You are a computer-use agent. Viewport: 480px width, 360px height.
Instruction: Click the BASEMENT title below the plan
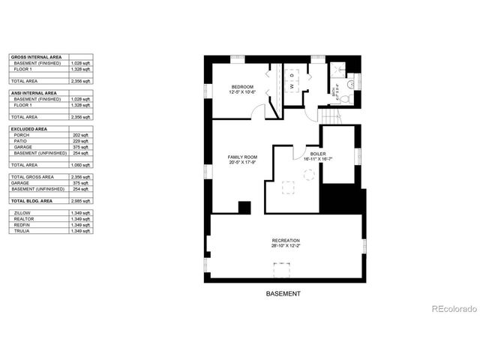click(x=283, y=294)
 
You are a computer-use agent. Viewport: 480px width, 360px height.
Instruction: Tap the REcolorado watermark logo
click(x=450, y=309)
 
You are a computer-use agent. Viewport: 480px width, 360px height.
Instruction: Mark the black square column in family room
click(x=244, y=208)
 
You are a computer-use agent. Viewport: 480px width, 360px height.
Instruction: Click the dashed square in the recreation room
click(x=283, y=268)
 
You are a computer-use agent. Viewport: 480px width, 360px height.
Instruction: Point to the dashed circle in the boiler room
click(x=308, y=174)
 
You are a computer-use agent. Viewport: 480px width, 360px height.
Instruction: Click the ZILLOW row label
click(x=22, y=214)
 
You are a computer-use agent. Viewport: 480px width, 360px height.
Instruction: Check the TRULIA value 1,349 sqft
click(x=81, y=231)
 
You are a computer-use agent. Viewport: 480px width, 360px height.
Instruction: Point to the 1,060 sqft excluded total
click(x=81, y=164)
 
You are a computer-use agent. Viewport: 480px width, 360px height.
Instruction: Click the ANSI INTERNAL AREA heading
click(x=31, y=93)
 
